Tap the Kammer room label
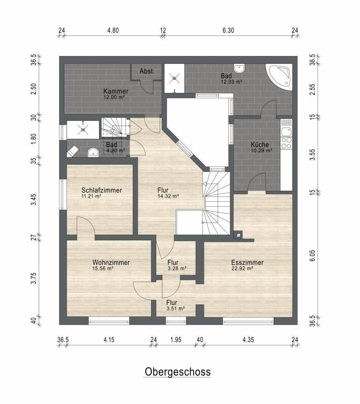tap(116, 91)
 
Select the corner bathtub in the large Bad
tap(279, 77)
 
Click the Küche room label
tap(260, 145)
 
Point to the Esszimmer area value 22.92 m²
tap(242, 268)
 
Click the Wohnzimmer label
tap(111, 262)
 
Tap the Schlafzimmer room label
tap(101, 191)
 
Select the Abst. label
tap(147, 71)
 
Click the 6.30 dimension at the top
tap(228, 30)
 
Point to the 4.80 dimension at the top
tap(113, 30)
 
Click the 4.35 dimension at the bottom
tap(248, 340)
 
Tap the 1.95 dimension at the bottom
tap(176, 340)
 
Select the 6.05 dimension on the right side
tap(312, 256)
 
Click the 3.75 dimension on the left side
tap(34, 278)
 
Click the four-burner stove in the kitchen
tap(286, 143)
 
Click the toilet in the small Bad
tap(73, 151)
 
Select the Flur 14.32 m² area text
tap(168, 196)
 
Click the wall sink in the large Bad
tap(239, 69)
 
